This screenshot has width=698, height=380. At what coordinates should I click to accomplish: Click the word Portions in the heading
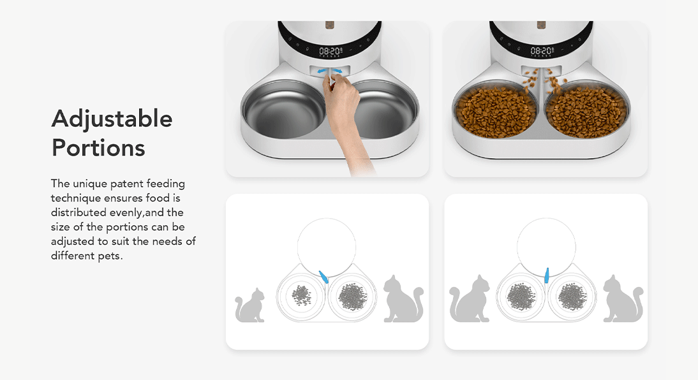[98, 148]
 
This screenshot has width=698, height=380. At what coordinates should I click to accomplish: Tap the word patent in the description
[127, 184]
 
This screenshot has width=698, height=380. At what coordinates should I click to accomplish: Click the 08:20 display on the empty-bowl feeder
[330, 52]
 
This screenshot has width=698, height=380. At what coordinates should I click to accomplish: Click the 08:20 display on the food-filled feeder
[542, 52]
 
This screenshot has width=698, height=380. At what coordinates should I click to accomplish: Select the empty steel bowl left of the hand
[284, 109]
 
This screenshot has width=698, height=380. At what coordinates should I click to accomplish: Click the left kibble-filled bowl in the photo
[496, 111]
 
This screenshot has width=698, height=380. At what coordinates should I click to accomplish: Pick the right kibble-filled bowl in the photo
[587, 111]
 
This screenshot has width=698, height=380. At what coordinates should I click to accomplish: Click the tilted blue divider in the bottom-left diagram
[323, 277]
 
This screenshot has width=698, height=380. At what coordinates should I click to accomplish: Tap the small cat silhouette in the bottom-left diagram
[250, 305]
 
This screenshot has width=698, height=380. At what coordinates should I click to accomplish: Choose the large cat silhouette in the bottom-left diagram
[403, 299]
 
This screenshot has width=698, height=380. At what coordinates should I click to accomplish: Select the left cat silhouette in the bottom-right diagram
[469, 299]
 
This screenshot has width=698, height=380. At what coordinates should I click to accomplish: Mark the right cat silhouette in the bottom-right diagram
[623, 299]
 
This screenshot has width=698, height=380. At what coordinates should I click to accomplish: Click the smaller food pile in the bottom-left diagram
[301, 295]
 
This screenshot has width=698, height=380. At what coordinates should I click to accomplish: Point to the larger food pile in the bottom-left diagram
[353, 296]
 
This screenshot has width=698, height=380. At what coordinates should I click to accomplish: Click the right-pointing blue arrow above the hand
[338, 71]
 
